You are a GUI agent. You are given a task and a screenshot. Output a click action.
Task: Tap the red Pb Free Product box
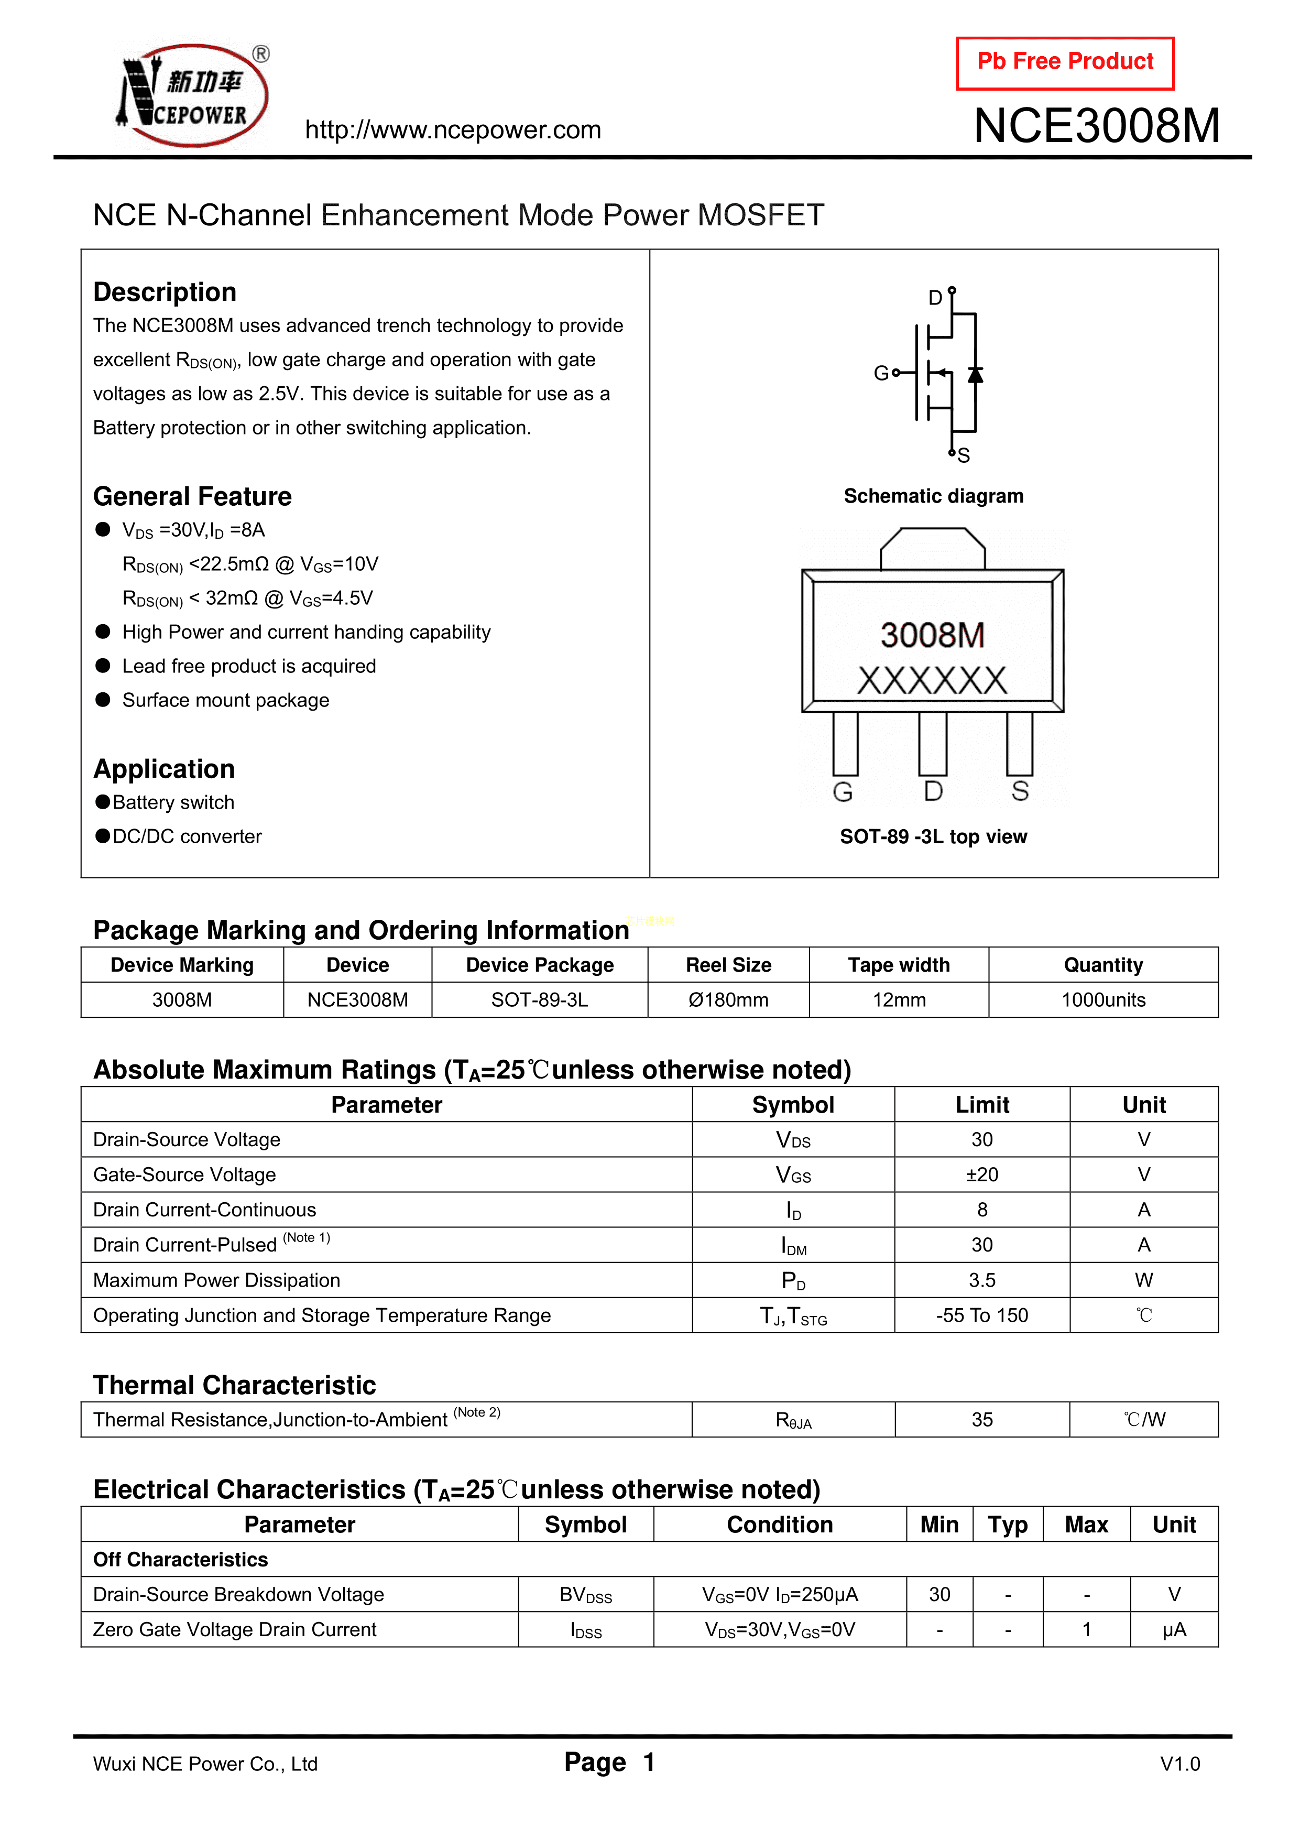(1065, 62)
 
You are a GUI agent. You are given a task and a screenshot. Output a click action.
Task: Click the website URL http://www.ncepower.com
(453, 130)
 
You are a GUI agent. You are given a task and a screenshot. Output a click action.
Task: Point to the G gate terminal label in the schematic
(880, 373)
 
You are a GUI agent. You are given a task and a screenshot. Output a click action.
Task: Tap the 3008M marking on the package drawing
(932, 635)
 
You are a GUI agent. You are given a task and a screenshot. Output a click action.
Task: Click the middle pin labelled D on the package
(932, 745)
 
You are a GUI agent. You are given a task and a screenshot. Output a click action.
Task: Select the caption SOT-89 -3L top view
(933, 836)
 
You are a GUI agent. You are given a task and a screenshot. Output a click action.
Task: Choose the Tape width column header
(899, 965)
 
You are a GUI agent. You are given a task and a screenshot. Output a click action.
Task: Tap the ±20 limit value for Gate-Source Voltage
(982, 1174)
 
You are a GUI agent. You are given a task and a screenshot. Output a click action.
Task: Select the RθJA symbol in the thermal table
(793, 1420)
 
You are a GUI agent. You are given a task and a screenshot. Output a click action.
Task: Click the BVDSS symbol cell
(585, 1595)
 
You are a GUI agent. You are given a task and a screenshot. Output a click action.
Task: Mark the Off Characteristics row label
(180, 1560)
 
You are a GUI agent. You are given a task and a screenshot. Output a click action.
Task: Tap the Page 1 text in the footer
(609, 1762)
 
